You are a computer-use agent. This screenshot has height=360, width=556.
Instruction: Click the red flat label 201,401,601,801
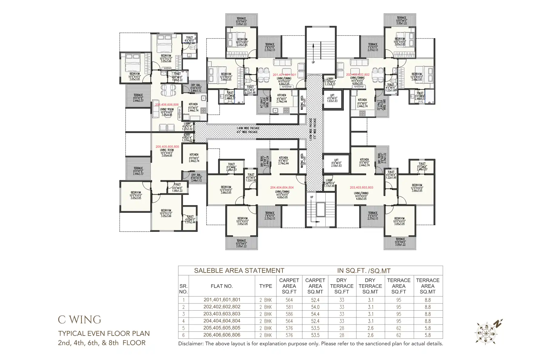[284, 75]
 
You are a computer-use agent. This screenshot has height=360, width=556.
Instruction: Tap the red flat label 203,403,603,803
[361, 188]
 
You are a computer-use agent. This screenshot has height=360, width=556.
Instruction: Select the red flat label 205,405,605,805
[167, 147]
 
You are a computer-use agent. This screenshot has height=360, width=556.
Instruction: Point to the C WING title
[80, 320]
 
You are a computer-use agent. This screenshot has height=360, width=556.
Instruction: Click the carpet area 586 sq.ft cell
[289, 314]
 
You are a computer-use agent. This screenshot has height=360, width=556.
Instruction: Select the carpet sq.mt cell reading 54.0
[315, 307]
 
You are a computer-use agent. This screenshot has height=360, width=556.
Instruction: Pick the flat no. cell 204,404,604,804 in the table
[222, 321]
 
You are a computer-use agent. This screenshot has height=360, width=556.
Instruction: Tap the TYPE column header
[266, 286]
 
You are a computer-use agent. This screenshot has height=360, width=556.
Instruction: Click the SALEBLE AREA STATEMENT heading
[239, 271]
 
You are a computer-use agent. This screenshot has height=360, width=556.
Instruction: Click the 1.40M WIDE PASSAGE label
[248, 128]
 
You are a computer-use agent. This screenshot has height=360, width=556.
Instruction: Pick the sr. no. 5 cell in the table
[183, 328]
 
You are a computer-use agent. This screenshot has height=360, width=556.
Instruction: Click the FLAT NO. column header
[222, 286]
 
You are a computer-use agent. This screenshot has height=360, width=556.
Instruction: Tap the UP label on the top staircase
[313, 62]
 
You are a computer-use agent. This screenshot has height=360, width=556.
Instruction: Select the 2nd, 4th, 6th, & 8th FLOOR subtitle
[102, 343]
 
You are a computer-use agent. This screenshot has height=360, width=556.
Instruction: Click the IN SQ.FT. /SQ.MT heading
[364, 271]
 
